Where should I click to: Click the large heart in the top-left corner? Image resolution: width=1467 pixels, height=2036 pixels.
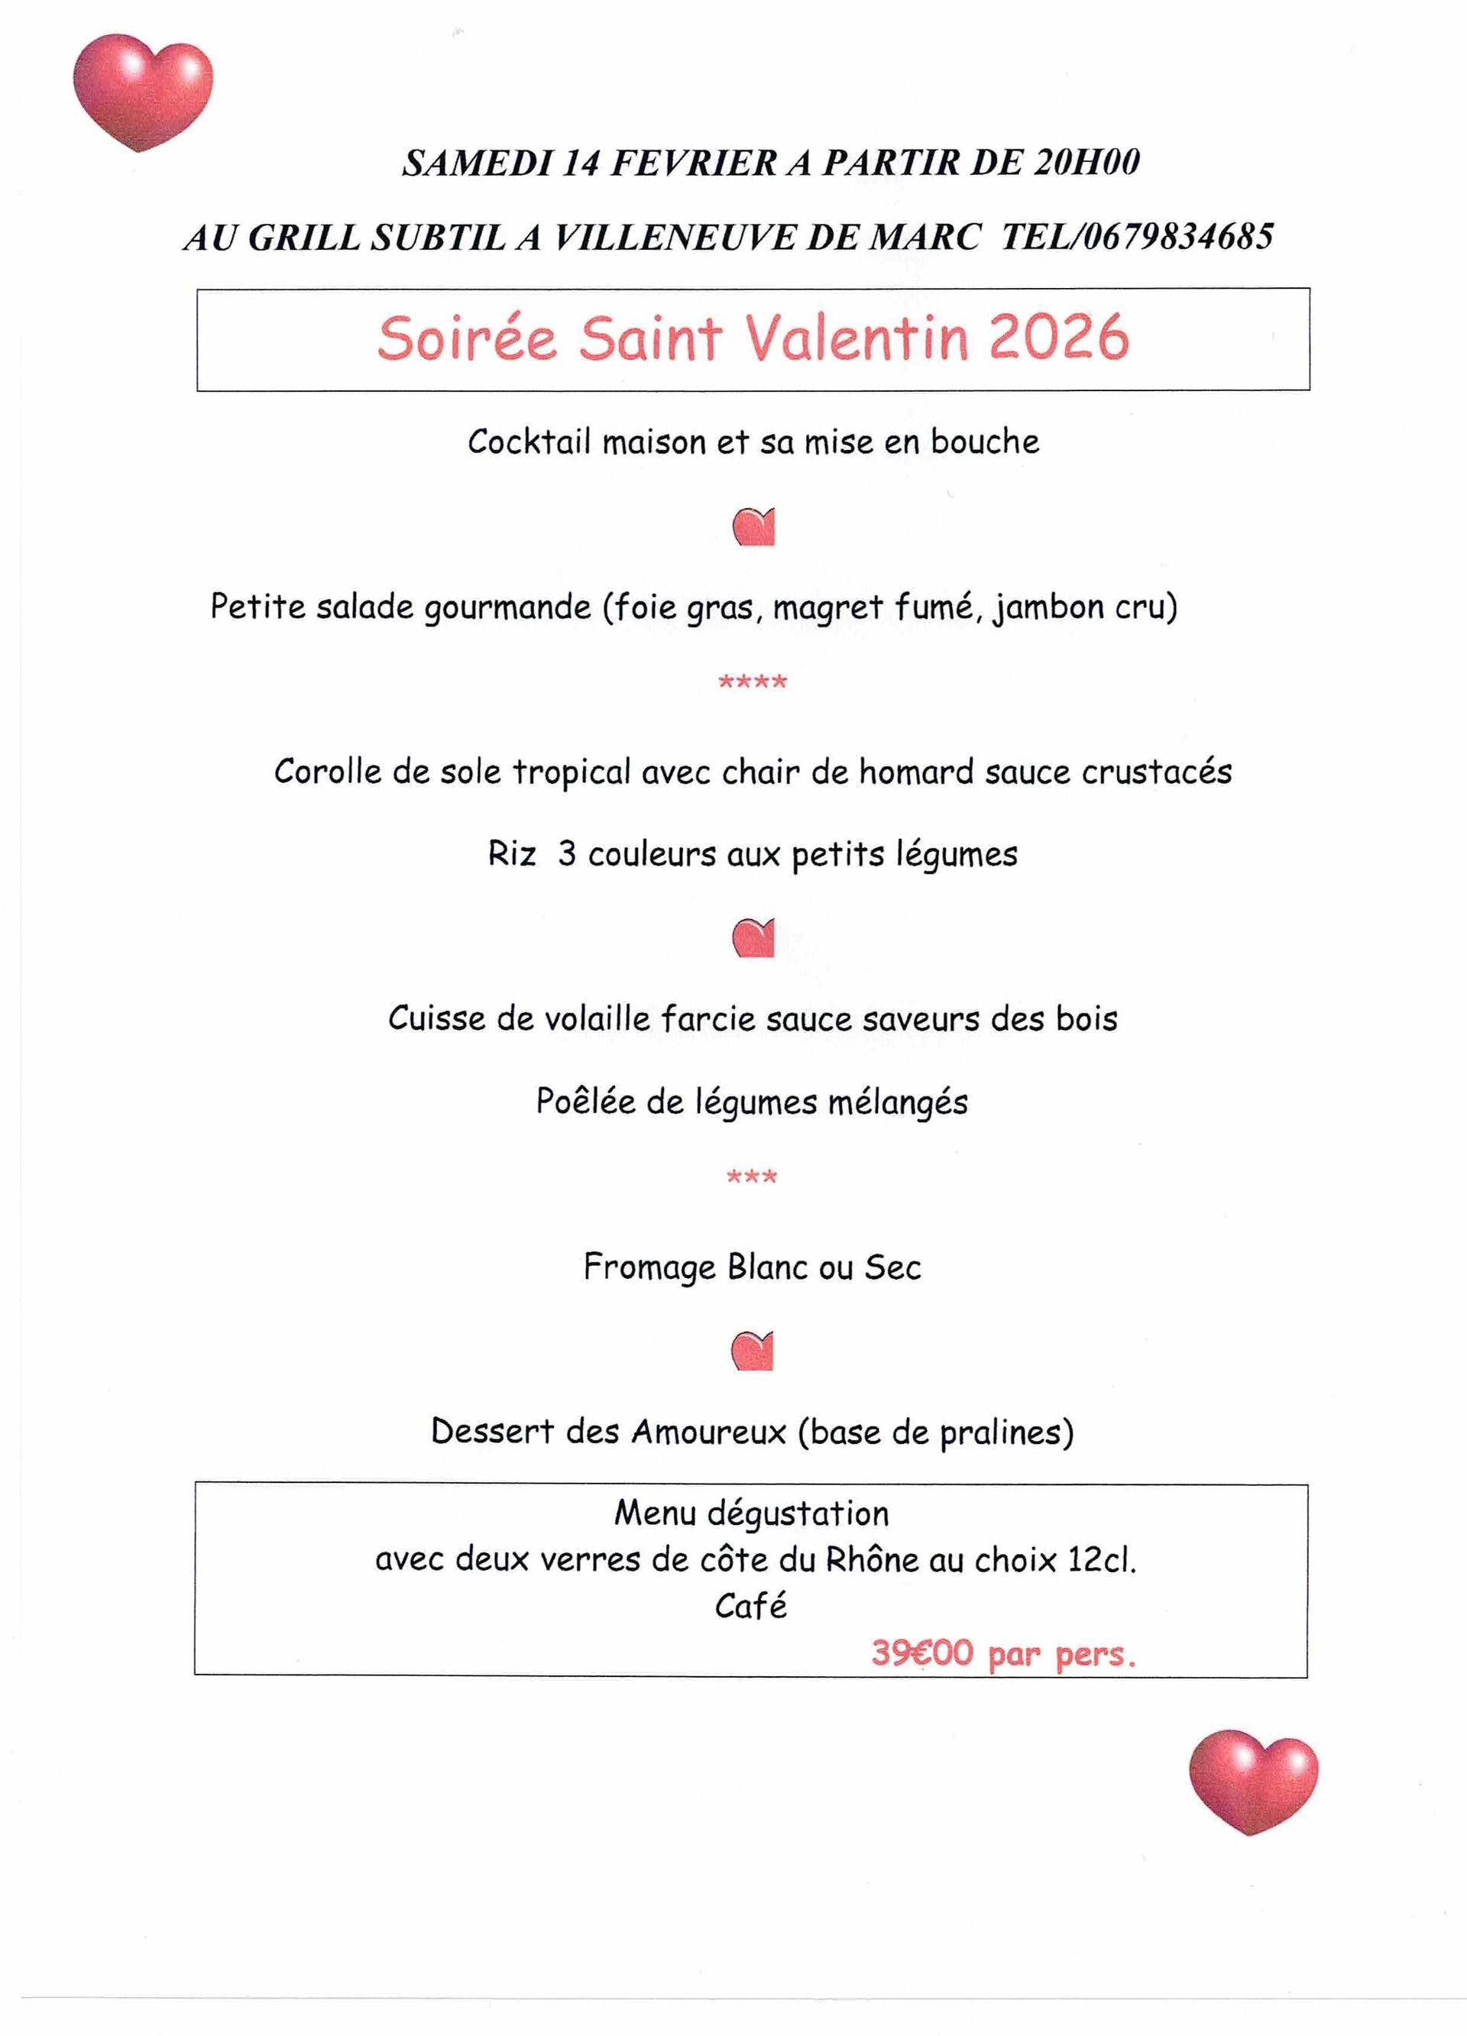click(x=143, y=91)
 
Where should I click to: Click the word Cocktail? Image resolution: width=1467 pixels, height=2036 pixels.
click(x=529, y=442)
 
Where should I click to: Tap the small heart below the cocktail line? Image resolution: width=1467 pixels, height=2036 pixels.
click(x=753, y=527)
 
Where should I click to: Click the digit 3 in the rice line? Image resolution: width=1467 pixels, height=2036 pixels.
click(x=566, y=853)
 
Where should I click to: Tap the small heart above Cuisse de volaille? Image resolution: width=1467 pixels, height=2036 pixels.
click(x=753, y=938)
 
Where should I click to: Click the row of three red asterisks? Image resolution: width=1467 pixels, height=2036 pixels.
click(x=752, y=1177)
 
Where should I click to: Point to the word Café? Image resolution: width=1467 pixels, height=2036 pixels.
click(x=750, y=1606)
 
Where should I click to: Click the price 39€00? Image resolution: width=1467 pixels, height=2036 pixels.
click(x=922, y=1652)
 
